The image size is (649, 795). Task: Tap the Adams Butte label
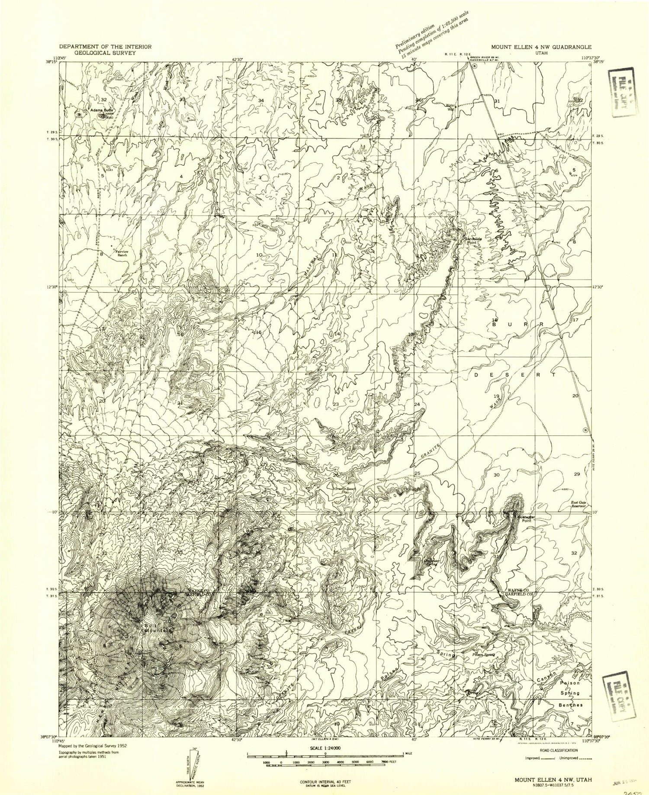coord(102,110)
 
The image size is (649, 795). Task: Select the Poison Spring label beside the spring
coord(483,655)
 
